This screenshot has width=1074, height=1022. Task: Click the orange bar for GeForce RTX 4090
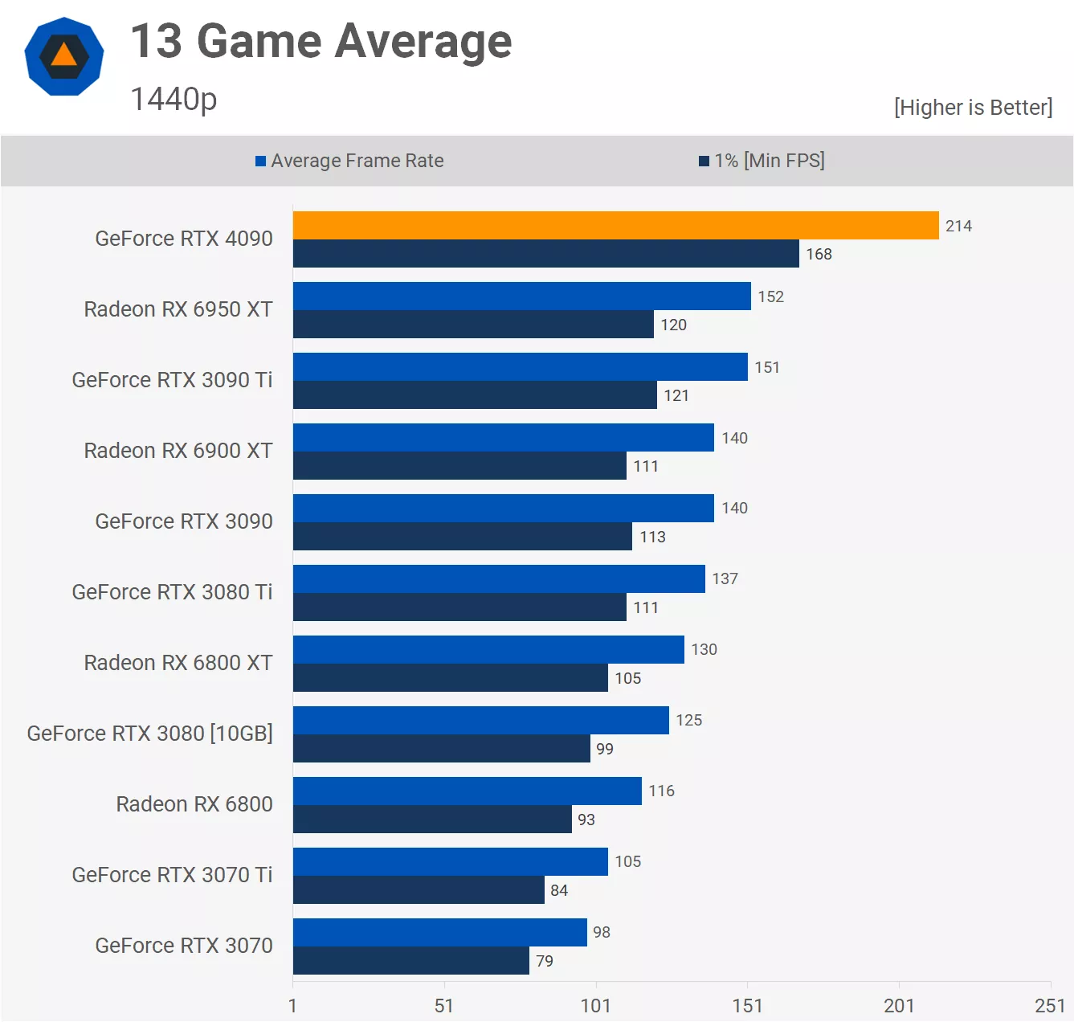[x=615, y=226]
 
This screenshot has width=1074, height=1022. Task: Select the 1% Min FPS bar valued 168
[x=546, y=254]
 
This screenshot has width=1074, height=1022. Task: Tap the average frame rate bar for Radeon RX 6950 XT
[x=522, y=296]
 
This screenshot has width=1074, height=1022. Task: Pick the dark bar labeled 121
[x=475, y=395]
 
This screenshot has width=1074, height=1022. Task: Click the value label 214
[x=958, y=227]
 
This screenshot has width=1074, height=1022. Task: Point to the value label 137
[x=725, y=579]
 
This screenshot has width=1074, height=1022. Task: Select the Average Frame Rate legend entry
[x=349, y=161]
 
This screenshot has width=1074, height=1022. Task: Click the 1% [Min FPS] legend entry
[x=762, y=161]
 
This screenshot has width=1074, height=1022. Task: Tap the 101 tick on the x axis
[x=596, y=1006]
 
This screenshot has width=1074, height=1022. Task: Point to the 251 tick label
[x=1049, y=1006]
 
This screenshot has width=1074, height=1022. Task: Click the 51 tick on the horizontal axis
[x=444, y=1006]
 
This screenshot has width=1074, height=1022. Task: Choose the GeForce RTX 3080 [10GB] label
[x=150, y=734]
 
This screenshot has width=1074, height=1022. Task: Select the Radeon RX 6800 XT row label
[x=178, y=663]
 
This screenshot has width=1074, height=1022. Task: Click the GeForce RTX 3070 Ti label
[x=172, y=875]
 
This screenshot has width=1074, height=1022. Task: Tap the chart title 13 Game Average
[x=321, y=42]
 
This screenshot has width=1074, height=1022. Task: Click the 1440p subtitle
[x=174, y=100]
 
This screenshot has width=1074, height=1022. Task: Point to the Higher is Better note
[x=973, y=108]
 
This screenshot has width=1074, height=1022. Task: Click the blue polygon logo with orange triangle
[x=64, y=56]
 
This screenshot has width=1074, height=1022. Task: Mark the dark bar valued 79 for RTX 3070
[x=411, y=961]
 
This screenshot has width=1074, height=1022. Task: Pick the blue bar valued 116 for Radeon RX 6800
[x=468, y=791]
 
